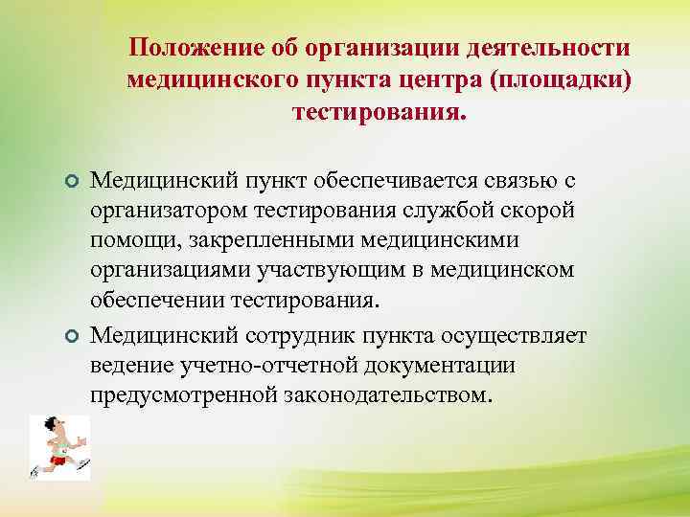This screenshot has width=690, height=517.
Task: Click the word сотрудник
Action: [x=325, y=335]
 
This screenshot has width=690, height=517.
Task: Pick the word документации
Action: [x=437, y=365]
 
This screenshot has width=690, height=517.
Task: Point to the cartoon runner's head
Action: [x=51, y=426]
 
